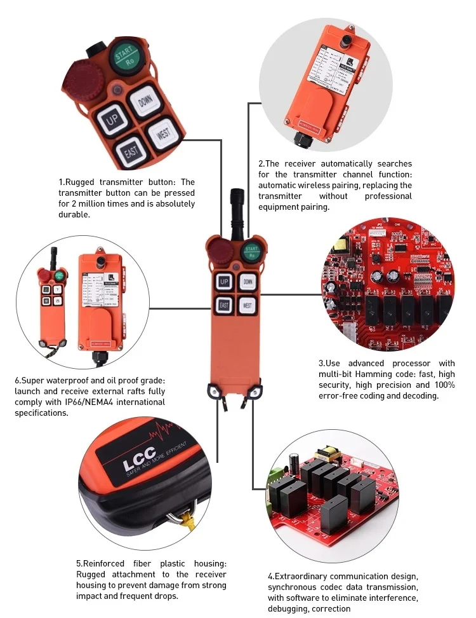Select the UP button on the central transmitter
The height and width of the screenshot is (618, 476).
point(224,281)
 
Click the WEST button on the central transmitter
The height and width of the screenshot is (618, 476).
point(248,306)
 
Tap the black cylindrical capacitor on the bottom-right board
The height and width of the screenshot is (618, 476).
point(294,461)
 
